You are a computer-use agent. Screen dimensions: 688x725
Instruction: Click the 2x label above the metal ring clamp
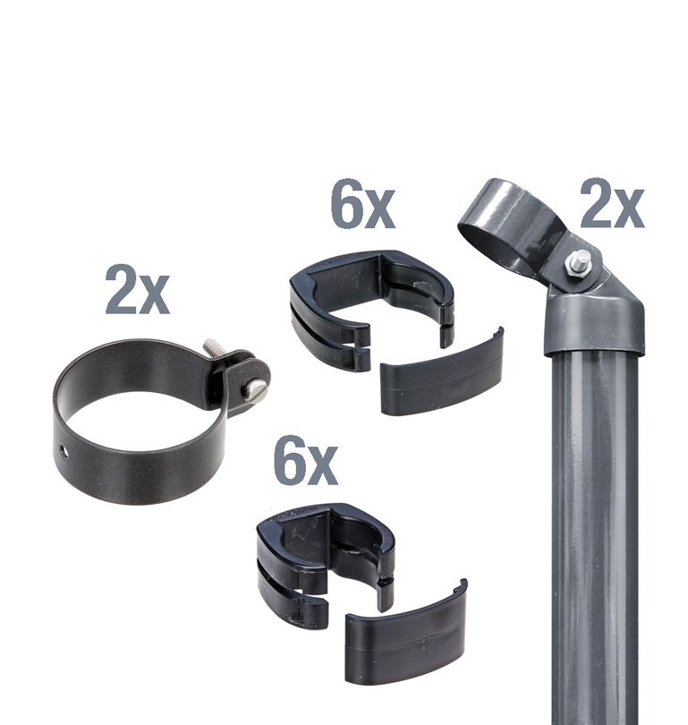[x=138, y=290]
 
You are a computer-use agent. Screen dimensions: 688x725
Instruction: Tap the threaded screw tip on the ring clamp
[x=212, y=346]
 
